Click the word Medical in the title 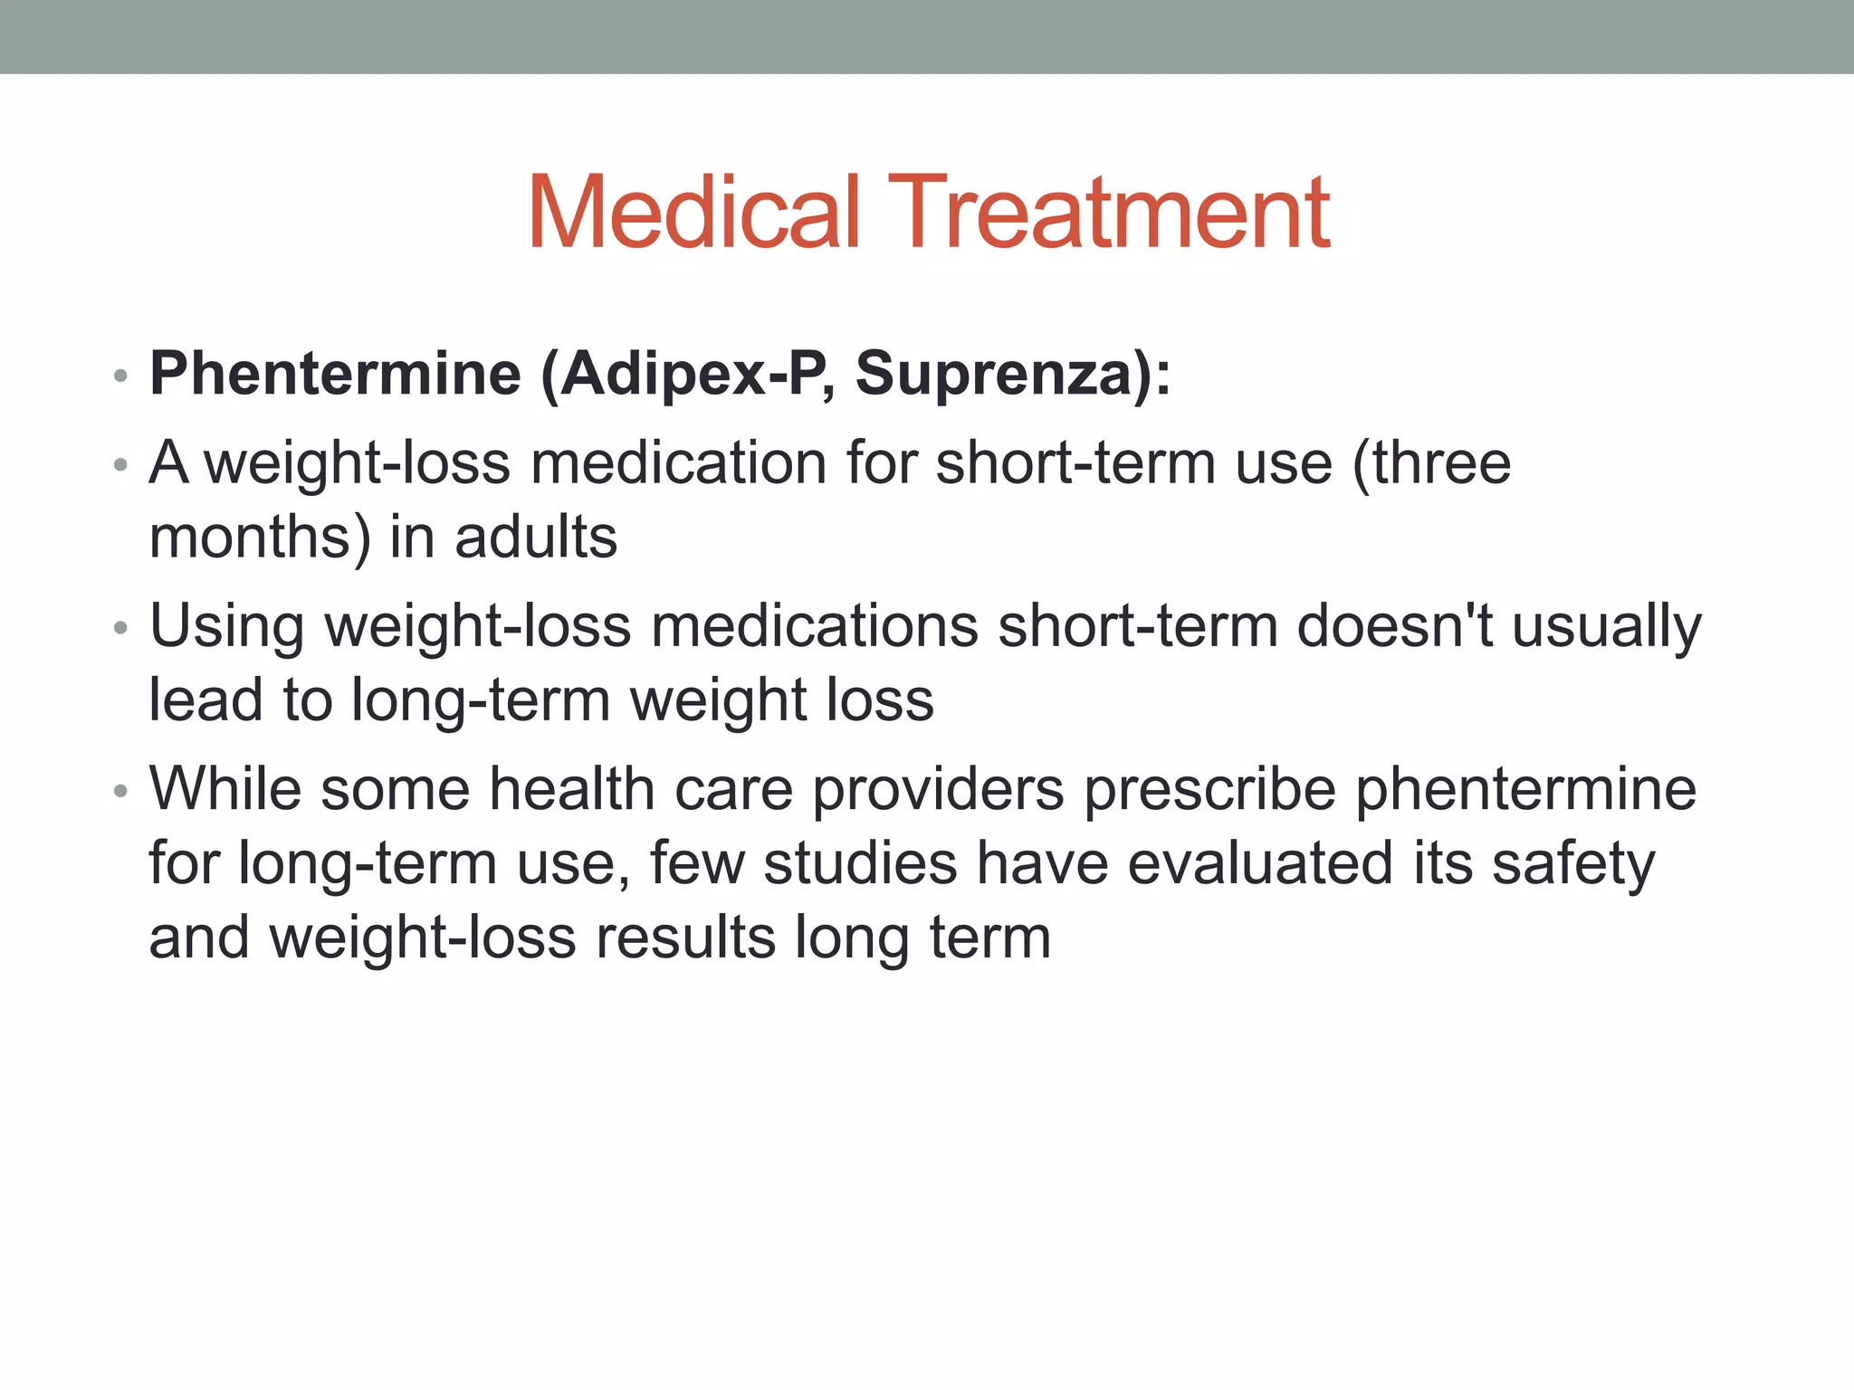pyautogui.click(x=693, y=213)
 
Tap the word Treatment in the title pyautogui.click(x=1109, y=213)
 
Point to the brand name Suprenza pyautogui.click(x=994, y=374)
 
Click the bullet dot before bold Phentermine pyautogui.click(x=121, y=376)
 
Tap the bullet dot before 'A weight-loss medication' pyautogui.click(x=121, y=466)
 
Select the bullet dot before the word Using pyautogui.click(x=121, y=628)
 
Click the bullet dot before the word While pyautogui.click(x=121, y=792)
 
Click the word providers pyautogui.click(x=938, y=790)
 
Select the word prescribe pyautogui.click(x=1209, y=790)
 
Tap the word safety pyautogui.click(x=1573, y=864)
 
